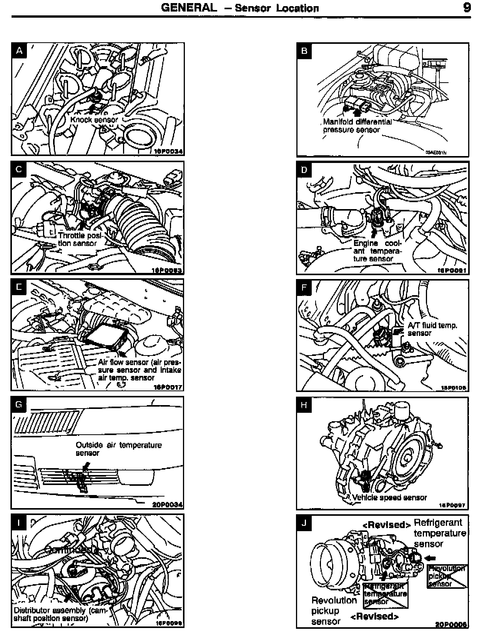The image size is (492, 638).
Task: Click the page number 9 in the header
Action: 467,8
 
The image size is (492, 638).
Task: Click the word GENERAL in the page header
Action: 189,8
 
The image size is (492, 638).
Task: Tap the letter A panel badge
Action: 20,50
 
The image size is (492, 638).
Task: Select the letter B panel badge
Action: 304,51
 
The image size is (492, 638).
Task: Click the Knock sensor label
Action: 94,120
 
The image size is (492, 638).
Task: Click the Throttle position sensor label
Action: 78,239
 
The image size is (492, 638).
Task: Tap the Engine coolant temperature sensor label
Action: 377,251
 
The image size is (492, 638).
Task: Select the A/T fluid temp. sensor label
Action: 432,329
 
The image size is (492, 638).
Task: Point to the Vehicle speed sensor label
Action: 389,497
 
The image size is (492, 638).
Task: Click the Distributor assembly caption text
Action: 59,614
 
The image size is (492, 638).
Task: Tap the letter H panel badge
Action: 304,405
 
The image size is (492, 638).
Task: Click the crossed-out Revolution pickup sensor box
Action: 447,576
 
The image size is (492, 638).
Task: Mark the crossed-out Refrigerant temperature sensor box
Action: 386,594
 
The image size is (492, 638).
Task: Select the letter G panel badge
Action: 20,404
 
